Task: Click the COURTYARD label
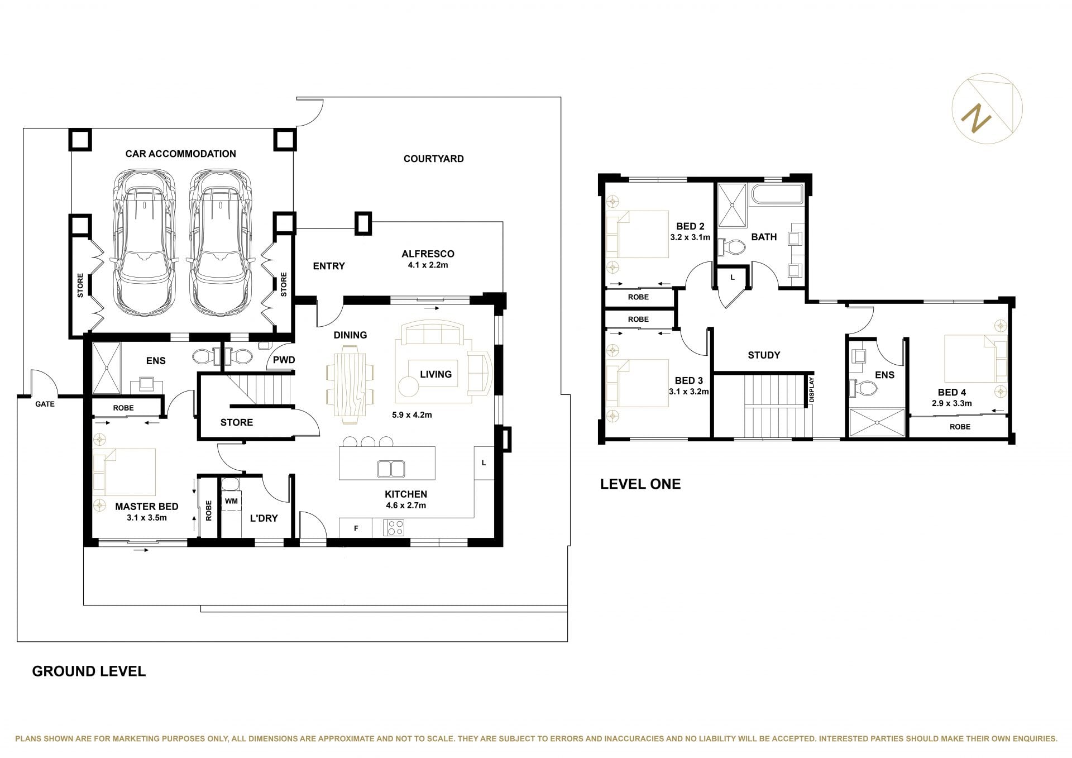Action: point(434,159)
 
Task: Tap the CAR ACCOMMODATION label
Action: point(180,154)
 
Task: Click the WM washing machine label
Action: point(231,501)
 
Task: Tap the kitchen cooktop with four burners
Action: point(394,528)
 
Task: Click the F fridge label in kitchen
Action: point(356,528)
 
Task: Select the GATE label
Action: point(45,404)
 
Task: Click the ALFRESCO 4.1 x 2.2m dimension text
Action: point(428,265)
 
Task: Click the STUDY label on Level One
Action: point(764,355)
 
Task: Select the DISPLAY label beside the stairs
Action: point(812,390)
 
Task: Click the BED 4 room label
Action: point(951,392)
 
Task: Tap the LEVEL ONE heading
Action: point(640,484)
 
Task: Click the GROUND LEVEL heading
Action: point(89,671)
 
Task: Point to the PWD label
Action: point(284,360)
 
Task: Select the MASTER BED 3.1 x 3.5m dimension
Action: point(147,518)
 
